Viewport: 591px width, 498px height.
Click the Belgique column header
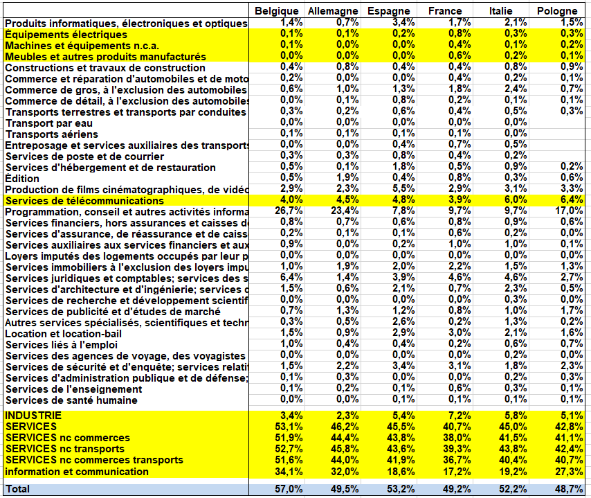276,11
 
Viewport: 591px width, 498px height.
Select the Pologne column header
557,11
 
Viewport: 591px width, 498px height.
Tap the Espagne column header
389,11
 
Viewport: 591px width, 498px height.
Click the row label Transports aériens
52,134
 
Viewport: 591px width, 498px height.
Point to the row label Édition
21,179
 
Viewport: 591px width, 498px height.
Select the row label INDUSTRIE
33,416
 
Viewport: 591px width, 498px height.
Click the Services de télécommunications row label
84,201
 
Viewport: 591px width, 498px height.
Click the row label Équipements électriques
66,35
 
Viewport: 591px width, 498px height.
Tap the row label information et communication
76,472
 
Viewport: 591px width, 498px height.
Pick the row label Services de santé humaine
71,400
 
